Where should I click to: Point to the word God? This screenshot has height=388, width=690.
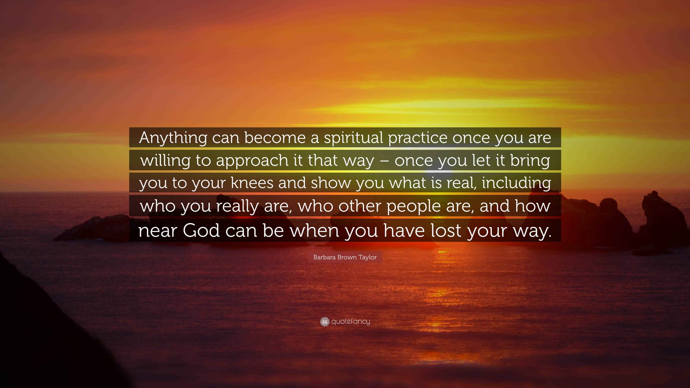[201, 230]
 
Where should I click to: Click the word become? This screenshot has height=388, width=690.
[275, 138]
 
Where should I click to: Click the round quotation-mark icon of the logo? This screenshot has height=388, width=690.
[325, 322]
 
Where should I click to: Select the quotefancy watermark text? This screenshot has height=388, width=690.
[351, 322]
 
